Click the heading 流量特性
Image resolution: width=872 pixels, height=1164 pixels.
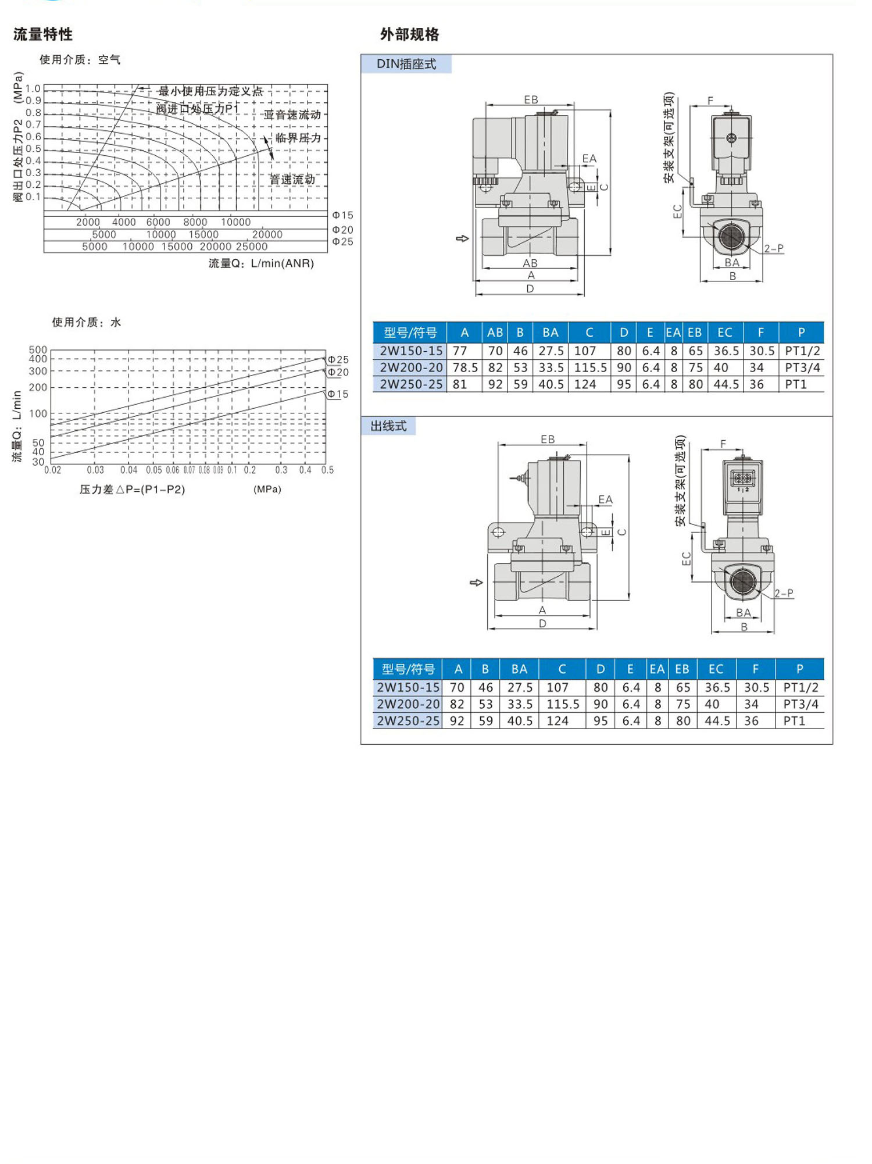43,34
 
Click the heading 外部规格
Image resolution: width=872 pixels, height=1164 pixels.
409,34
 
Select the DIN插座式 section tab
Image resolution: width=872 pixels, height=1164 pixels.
406,64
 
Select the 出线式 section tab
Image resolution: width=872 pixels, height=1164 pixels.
388,426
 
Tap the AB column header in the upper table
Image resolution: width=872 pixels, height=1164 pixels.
495,333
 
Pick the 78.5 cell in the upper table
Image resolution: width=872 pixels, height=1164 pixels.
464,368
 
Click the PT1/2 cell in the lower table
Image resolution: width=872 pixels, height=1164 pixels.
800,688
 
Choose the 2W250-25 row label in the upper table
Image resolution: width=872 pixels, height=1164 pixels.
410,384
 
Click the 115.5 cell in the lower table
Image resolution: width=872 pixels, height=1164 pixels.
562,705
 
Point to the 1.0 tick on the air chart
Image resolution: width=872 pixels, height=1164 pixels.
33,88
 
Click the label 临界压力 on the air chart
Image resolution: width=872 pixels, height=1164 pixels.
298,138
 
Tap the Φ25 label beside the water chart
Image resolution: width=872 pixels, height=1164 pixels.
338,360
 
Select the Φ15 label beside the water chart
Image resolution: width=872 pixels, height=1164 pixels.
338,394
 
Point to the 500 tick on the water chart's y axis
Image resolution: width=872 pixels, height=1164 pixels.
38,349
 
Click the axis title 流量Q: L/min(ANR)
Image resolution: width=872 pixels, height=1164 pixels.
261,263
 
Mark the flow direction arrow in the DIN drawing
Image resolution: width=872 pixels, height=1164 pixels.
462,238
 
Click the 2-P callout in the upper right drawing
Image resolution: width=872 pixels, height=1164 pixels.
773,248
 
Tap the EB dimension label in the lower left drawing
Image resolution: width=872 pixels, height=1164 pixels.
547,440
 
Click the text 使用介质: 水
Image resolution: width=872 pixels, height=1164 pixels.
86,322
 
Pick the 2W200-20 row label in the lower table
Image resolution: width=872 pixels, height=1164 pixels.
408,705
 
